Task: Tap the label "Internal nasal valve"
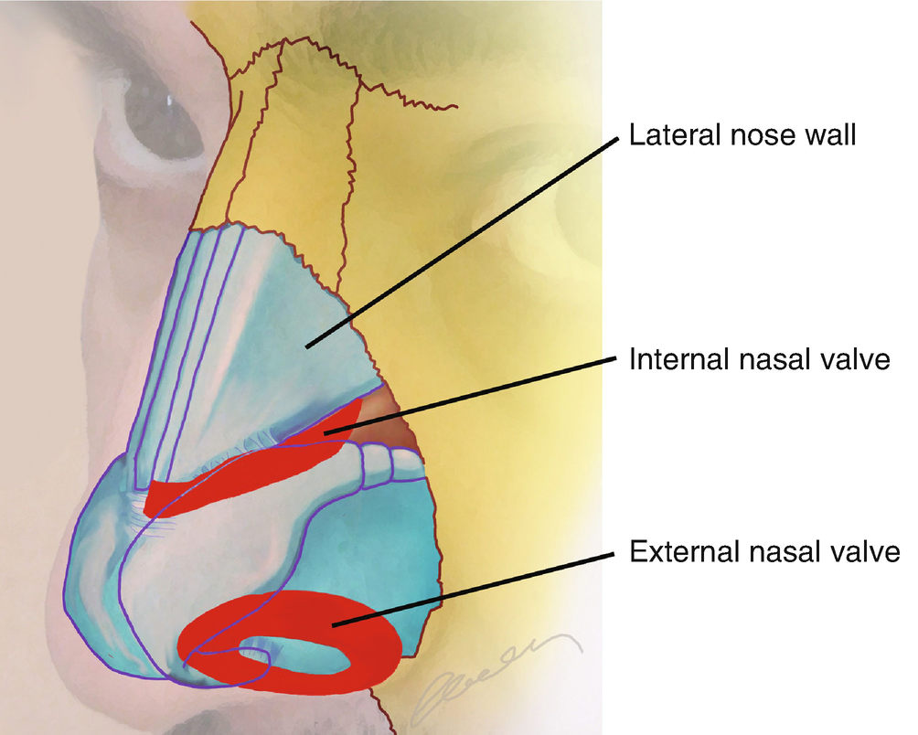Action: pos(760,359)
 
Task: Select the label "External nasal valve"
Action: pos(765,553)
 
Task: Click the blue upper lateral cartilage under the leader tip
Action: pos(302,338)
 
